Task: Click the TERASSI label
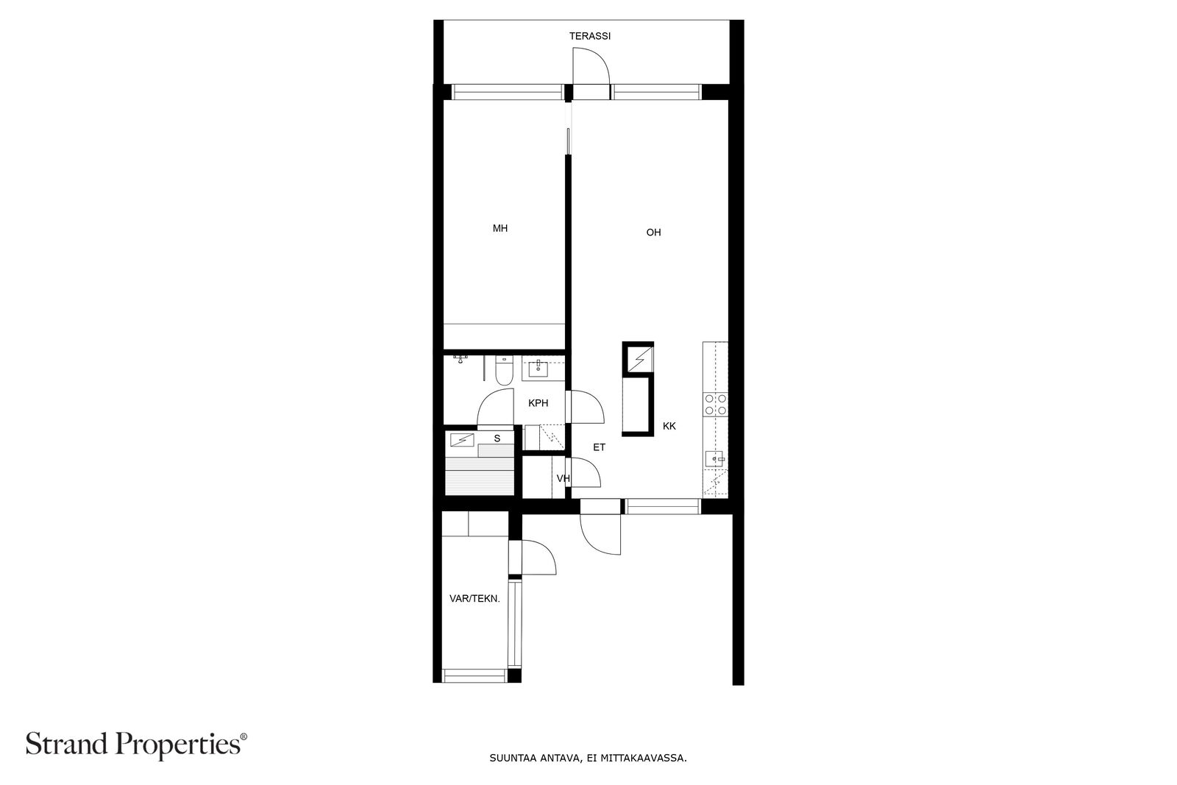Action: [589, 36]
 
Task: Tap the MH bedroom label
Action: [499, 229]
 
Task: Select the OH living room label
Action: [653, 232]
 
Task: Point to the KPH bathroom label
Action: [538, 403]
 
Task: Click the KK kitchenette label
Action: [669, 426]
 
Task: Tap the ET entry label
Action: [599, 447]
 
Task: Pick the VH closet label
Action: [563, 478]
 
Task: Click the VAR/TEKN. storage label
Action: [474, 598]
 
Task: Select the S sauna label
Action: [497, 438]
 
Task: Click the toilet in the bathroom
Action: [504, 370]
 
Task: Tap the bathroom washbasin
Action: [538, 369]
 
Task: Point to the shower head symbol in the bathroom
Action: [461, 360]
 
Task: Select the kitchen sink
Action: [714, 459]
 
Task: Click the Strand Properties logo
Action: [136, 745]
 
